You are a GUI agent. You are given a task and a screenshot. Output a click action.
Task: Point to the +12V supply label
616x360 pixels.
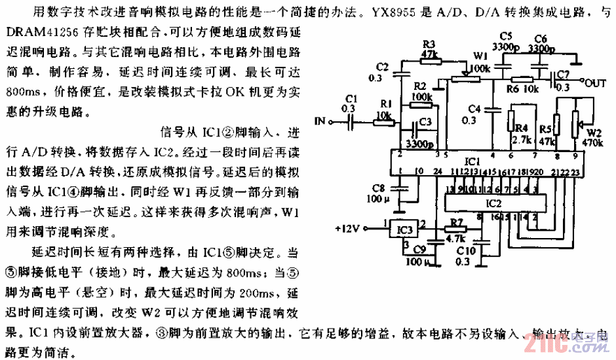click(x=347, y=229)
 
